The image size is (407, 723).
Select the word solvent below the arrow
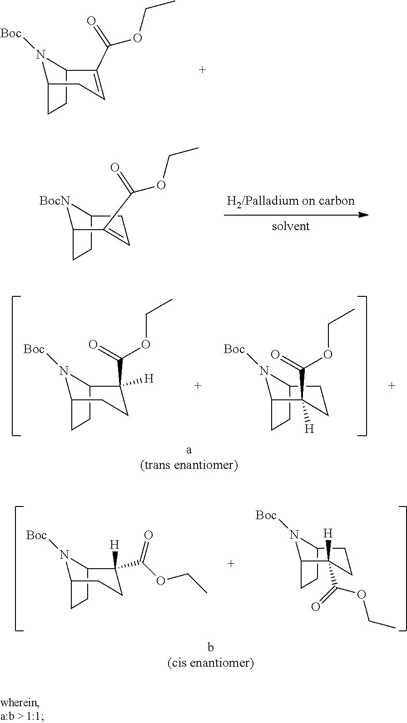pyautogui.click(x=291, y=226)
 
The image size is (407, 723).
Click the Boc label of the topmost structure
pyautogui.click(x=10, y=34)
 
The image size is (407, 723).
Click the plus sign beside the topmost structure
pyautogui.click(x=203, y=69)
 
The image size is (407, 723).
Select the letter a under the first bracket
pyautogui.click(x=189, y=450)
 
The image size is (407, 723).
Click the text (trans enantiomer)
pyautogui.click(x=189, y=465)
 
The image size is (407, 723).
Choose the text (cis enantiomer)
pyautogui.click(x=210, y=663)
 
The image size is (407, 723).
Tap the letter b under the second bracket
pyautogui.click(x=211, y=647)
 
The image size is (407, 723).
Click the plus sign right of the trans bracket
pyautogui.click(x=392, y=386)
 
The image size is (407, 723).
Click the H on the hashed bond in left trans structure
pyautogui.click(x=149, y=379)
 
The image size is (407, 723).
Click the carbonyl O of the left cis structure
pyautogui.click(x=148, y=535)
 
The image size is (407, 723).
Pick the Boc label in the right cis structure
pyautogui.click(x=266, y=515)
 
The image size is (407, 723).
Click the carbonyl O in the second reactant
pyautogui.click(x=115, y=168)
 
